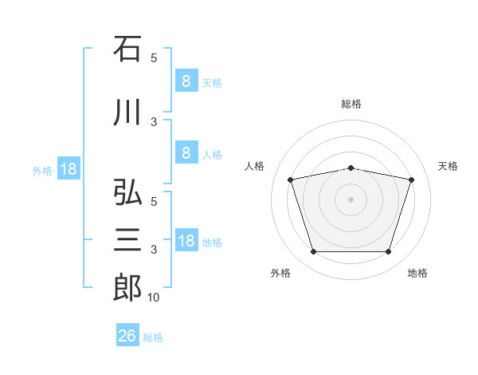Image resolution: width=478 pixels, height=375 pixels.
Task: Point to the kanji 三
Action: point(127,239)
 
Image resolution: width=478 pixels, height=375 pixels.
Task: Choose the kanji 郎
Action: point(127,287)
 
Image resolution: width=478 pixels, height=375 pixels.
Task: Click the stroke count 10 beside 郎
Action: point(153,298)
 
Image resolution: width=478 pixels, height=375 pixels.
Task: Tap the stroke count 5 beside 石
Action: point(154,57)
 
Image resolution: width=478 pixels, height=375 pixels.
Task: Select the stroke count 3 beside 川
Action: point(154,121)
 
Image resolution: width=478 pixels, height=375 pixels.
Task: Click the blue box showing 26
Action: point(127,336)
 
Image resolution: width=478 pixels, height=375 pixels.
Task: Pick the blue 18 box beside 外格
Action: point(68,169)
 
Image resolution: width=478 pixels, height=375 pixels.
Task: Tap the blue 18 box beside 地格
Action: point(186,241)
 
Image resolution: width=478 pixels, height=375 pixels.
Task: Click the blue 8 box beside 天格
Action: point(186,81)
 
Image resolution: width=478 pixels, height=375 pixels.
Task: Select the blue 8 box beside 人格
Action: point(186,153)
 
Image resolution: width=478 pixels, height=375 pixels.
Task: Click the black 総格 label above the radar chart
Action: point(351,104)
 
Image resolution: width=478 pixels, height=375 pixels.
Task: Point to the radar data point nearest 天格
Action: point(411,180)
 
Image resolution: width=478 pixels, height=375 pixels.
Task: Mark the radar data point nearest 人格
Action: point(291,180)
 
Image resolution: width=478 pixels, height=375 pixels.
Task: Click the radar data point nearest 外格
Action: point(313,252)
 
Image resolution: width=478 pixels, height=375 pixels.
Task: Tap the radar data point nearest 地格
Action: point(388,252)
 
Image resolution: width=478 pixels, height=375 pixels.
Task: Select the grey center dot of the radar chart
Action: point(351,199)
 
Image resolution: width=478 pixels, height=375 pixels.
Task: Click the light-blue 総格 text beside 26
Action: point(153,337)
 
